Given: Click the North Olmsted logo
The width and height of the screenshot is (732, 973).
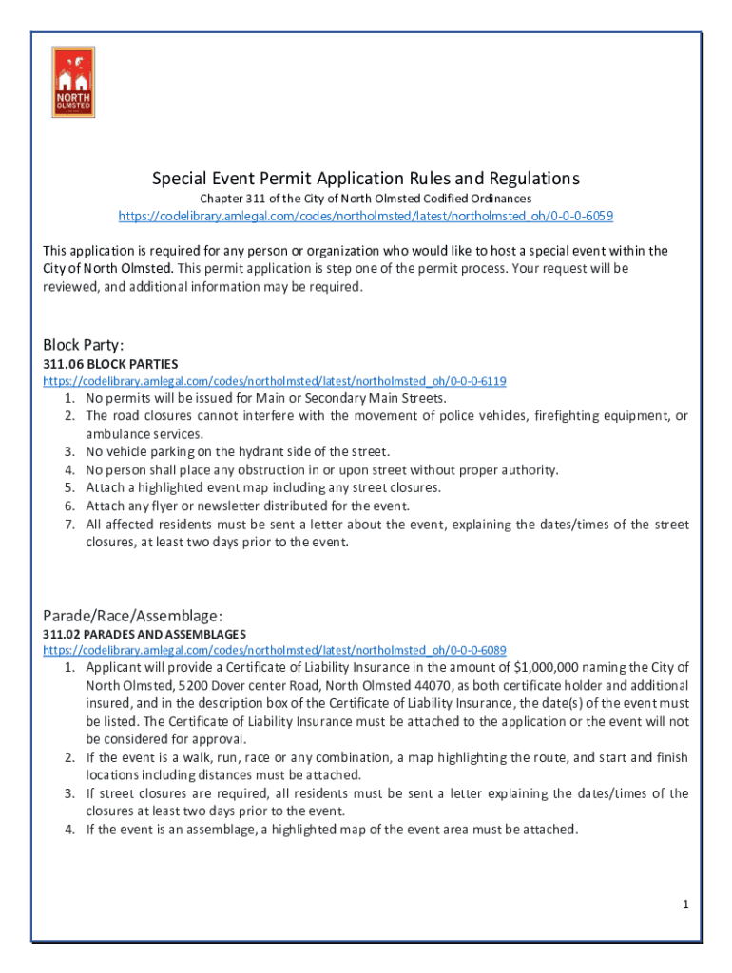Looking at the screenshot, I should tap(72, 83).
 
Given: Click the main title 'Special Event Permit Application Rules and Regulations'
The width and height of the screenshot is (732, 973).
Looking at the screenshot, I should tap(366, 179).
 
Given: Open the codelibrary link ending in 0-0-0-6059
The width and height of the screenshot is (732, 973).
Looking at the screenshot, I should tap(366, 216).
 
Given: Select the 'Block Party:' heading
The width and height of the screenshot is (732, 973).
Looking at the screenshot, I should tap(84, 344).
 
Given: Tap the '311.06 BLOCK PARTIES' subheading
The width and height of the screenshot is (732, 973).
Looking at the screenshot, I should tap(110, 364).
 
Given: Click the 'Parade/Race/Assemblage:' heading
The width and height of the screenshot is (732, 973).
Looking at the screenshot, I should tap(133, 614).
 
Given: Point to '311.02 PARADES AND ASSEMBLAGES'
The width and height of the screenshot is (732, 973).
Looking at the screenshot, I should tap(144, 634).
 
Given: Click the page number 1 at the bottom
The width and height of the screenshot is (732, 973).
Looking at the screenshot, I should tap(684, 905).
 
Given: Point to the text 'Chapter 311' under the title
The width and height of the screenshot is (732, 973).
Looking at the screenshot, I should tap(228, 199).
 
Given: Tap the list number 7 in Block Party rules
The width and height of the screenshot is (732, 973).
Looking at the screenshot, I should tap(69, 525).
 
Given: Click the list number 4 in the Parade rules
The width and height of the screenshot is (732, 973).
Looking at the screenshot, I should tap(69, 830).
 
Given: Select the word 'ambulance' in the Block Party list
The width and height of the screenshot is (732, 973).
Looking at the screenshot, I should tap(114, 433).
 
